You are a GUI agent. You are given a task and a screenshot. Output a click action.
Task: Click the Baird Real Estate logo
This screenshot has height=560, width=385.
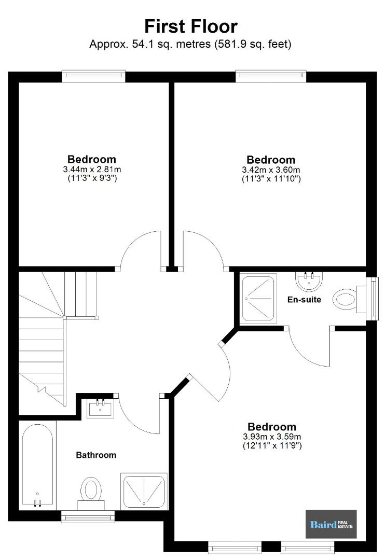point(331,524)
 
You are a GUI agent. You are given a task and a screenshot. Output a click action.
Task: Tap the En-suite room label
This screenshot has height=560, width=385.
point(304,299)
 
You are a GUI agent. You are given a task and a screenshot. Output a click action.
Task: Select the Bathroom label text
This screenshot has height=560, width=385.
point(96,455)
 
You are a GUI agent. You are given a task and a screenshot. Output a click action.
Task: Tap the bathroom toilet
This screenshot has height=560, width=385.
point(91,493)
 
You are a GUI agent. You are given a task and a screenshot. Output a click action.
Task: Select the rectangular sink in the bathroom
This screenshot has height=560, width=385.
point(100,408)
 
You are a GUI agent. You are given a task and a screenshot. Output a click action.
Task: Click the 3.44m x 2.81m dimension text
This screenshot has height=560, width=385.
point(92,169)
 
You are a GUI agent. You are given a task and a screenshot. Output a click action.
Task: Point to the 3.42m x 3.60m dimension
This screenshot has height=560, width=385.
point(271,170)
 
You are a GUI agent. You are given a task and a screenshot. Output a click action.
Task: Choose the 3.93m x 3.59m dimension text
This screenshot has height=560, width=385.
point(272,437)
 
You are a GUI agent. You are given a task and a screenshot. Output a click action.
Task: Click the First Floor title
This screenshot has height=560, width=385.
point(191,26)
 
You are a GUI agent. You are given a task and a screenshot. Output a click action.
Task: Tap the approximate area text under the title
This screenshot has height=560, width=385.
point(190,44)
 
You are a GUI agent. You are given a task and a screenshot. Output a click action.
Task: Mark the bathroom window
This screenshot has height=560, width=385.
point(88,516)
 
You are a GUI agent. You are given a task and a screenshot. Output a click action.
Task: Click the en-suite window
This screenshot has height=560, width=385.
point(373,299)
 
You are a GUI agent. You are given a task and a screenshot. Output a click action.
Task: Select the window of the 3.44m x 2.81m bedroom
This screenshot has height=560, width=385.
point(94,76)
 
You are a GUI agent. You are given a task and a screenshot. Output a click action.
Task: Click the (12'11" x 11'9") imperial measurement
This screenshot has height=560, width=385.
point(272,446)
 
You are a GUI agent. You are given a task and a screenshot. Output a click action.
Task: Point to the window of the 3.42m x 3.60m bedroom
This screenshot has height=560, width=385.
point(271,76)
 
